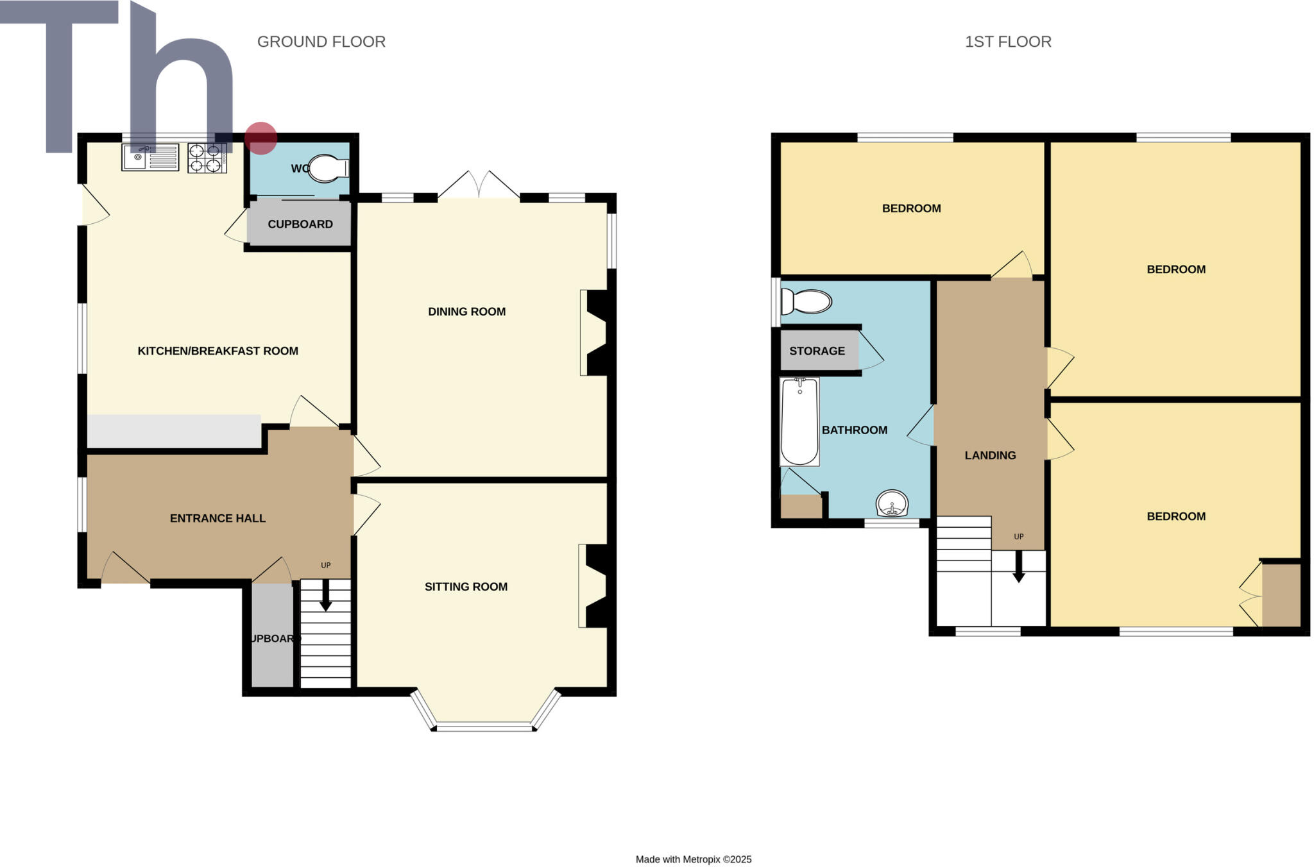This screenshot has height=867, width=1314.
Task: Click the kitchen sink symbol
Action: click(x=150, y=157)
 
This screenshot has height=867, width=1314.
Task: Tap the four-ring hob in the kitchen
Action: click(x=207, y=158)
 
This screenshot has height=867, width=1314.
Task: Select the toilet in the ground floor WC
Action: click(x=328, y=169)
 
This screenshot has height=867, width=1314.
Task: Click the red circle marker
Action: click(x=260, y=138)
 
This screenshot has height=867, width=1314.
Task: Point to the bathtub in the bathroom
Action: click(x=799, y=421)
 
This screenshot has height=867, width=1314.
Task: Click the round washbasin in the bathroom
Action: click(x=892, y=503)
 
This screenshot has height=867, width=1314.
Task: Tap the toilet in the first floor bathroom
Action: click(x=807, y=301)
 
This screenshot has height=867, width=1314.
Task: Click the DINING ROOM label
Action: click(x=466, y=312)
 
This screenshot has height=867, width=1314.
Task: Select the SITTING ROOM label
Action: click(x=466, y=587)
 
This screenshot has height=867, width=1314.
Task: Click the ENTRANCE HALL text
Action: click(x=218, y=518)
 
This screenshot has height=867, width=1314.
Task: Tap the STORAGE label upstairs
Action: click(x=817, y=351)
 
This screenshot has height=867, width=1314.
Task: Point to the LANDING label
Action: click(x=990, y=455)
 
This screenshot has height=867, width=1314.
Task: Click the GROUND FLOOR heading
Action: click(x=321, y=42)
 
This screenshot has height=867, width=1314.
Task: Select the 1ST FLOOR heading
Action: click(x=1008, y=42)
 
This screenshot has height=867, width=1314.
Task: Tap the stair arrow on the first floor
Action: click(x=1018, y=568)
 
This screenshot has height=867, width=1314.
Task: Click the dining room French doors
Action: click(x=479, y=186)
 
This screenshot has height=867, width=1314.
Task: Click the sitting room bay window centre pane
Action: click(x=484, y=727)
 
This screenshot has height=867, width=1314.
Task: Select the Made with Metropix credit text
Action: click(x=693, y=859)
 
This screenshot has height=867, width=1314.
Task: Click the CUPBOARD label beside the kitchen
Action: click(x=300, y=224)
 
